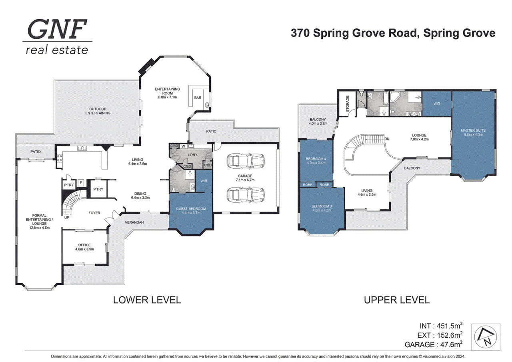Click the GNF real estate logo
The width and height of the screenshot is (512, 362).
pos(57,37)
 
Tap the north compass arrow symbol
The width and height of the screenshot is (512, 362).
pos(486,336)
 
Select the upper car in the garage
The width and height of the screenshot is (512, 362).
pos(245,162)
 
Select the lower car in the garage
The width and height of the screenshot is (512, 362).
pos(245,195)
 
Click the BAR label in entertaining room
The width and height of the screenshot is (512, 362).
pos(198,97)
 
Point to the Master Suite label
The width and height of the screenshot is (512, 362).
pos(472,132)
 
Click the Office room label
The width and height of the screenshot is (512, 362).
pos(84,247)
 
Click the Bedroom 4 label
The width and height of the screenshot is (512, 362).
pos(315,161)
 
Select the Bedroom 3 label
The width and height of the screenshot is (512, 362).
pos(322,208)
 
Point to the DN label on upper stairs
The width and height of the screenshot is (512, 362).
pos(386,138)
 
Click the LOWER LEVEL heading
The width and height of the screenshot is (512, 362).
pos(147,300)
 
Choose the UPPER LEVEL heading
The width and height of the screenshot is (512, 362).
pos(396,300)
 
